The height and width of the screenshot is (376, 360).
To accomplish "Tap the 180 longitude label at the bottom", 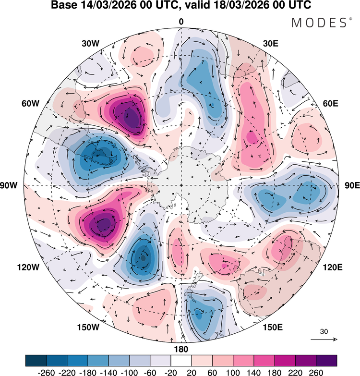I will tap(181, 349).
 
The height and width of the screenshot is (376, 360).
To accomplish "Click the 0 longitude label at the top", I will tap(181, 22).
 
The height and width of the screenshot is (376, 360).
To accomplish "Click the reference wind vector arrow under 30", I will tap(324, 339).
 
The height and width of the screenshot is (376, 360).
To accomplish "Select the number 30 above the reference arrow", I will tap(324, 331).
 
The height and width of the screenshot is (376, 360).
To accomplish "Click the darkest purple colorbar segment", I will tap(326, 360).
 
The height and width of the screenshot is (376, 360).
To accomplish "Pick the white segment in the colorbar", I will tap(181, 360).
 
